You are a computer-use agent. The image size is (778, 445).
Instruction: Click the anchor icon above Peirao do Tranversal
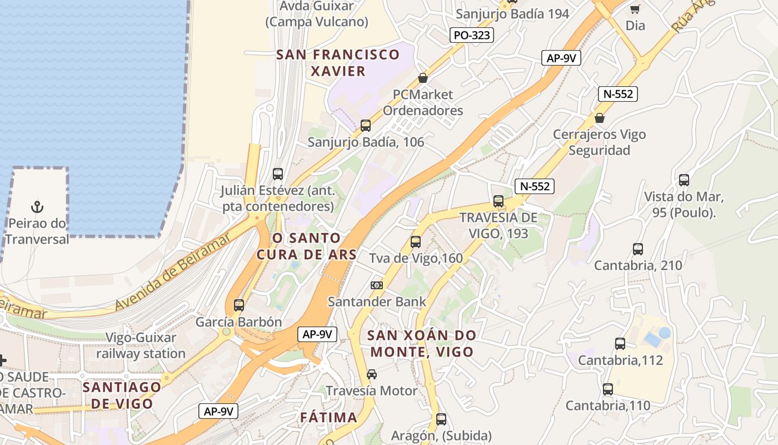[x=37, y=207]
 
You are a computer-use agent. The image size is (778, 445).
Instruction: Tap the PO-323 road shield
[x=472, y=36]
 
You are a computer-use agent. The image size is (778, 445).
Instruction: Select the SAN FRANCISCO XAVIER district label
[x=338, y=63]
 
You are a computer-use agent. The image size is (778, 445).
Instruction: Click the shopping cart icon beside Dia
[x=635, y=8]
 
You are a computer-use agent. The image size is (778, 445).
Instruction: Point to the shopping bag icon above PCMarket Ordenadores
[x=423, y=78]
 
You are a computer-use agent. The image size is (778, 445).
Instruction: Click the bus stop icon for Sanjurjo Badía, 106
[x=366, y=126]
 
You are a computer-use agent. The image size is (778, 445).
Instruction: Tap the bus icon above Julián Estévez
[x=278, y=174]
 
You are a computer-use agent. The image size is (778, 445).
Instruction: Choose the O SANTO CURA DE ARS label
[x=306, y=246]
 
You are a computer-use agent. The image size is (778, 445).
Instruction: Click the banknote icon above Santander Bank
[x=377, y=285]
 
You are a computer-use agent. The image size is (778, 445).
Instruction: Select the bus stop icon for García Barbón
[x=239, y=305]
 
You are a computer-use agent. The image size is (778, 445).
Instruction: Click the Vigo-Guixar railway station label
[x=141, y=345]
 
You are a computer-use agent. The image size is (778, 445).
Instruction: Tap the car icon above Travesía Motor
[x=372, y=374]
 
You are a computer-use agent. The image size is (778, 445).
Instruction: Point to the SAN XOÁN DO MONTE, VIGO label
[x=422, y=343]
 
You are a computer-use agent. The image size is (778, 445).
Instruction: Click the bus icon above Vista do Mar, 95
[x=684, y=180]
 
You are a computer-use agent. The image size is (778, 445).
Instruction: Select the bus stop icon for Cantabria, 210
[x=638, y=249]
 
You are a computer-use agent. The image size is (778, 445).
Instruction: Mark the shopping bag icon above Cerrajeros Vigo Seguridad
[x=600, y=118]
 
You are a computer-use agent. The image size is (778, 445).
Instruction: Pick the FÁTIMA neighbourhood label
[x=328, y=417]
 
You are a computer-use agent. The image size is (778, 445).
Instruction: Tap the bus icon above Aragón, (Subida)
[x=441, y=419]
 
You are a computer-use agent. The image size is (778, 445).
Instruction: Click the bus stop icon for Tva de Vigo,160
[x=416, y=242]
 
